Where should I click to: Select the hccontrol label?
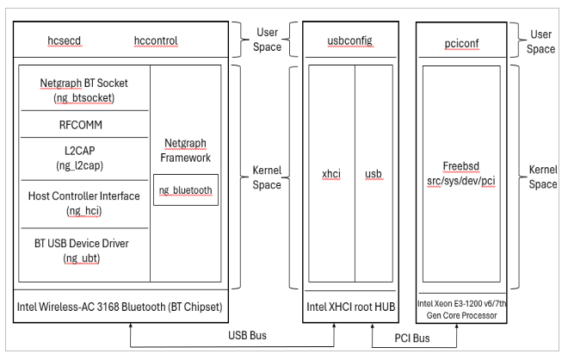(x=160, y=41)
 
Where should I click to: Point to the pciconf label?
(x=458, y=40)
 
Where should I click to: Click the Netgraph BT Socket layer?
(x=83, y=90)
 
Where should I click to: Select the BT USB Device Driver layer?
(x=83, y=249)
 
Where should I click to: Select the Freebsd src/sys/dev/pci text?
(x=458, y=174)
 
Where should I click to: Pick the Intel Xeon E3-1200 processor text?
(x=458, y=306)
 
